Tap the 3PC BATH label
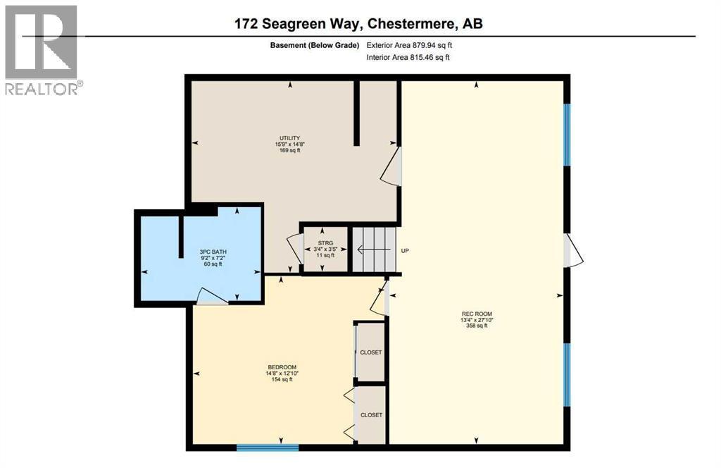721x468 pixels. coord(212,258)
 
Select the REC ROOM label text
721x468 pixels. coord(477,319)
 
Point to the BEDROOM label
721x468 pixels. coord(282,373)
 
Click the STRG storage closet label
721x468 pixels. coord(325,250)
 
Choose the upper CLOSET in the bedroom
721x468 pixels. coord(371,352)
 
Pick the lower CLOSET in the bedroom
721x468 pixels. coord(371,415)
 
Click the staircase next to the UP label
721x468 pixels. coord(373,250)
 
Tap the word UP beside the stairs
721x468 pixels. coord(405,250)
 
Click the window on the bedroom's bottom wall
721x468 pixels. coord(268,447)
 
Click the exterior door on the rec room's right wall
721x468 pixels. coord(572,251)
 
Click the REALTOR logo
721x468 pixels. coord(42,50)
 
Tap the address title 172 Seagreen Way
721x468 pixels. coord(358,23)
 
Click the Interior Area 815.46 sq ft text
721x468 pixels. coord(408,58)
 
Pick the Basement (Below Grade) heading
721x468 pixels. coord(315,45)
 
